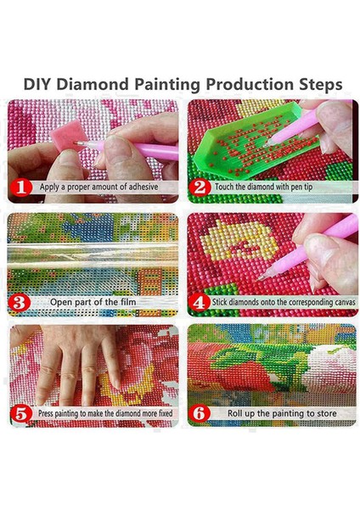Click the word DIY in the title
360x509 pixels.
(37, 84)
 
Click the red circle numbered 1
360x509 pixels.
(21, 187)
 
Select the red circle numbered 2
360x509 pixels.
(200, 187)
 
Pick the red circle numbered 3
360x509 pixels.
(20, 303)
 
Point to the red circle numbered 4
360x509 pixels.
(200, 303)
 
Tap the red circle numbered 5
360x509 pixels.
(20, 414)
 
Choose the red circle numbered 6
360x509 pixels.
(200, 414)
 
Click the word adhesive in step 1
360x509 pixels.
(143, 187)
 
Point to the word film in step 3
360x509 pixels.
(128, 302)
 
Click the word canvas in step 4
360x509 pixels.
(344, 302)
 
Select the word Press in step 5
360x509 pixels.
(46, 413)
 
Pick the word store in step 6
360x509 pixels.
(324, 413)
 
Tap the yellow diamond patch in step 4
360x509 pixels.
(239, 239)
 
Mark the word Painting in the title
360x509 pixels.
(167, 85)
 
